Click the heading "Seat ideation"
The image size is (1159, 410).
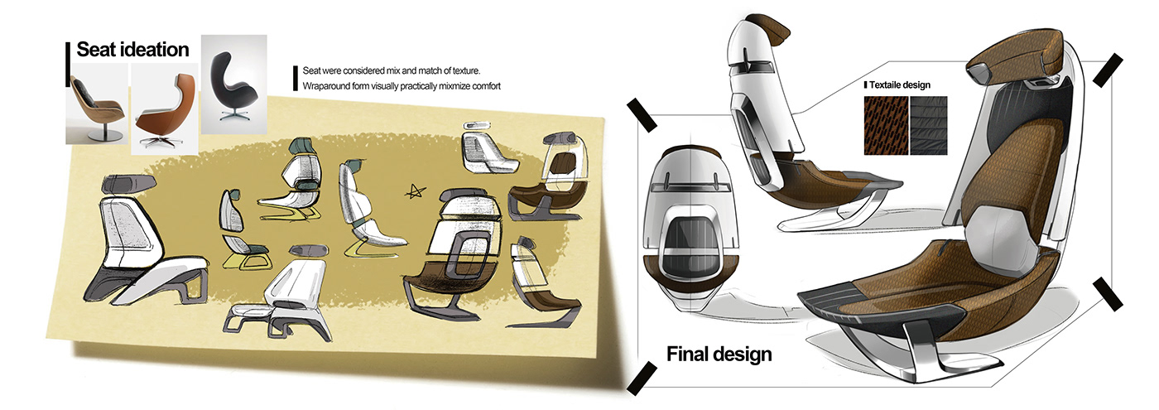(x=133, y=50)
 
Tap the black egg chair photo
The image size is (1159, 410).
(x=233, y=84)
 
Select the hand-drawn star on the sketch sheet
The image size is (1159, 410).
(x=416, y=192)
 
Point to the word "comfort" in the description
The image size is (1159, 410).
(x=486, y=86)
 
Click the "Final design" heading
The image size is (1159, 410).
(x=719, y=355)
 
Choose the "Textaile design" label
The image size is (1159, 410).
(x=900, y=84)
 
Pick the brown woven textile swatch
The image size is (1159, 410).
(x=886, y=125)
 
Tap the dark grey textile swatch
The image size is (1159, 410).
(x=929, y=125)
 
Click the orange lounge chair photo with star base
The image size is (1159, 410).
(x=165, y=109)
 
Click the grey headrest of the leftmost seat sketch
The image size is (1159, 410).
(x=129, y=184)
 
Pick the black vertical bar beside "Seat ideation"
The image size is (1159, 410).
(x=68, y=65)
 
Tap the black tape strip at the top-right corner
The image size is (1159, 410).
(x=1109, y=70)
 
